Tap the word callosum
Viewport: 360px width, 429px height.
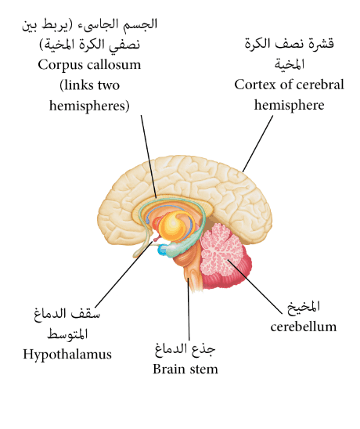[114, 64]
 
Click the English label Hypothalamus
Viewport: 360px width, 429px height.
[67, 355]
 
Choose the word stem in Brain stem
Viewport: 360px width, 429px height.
[204, 370]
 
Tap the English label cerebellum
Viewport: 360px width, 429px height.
[304, 326]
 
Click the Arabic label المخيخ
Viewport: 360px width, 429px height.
[304, 307]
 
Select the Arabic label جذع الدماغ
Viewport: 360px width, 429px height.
[185, 349]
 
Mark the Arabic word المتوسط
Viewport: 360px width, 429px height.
[67, 334]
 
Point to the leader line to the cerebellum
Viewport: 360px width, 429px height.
[255, 287]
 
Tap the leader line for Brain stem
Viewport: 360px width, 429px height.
[189, 309]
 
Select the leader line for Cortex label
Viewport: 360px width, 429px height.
[258, 143]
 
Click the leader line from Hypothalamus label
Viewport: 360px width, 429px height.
[124, 275]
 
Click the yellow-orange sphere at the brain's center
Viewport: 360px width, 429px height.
[174, 226]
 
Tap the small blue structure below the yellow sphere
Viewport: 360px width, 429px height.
[161, 250]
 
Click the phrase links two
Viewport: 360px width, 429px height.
[90, 85]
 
